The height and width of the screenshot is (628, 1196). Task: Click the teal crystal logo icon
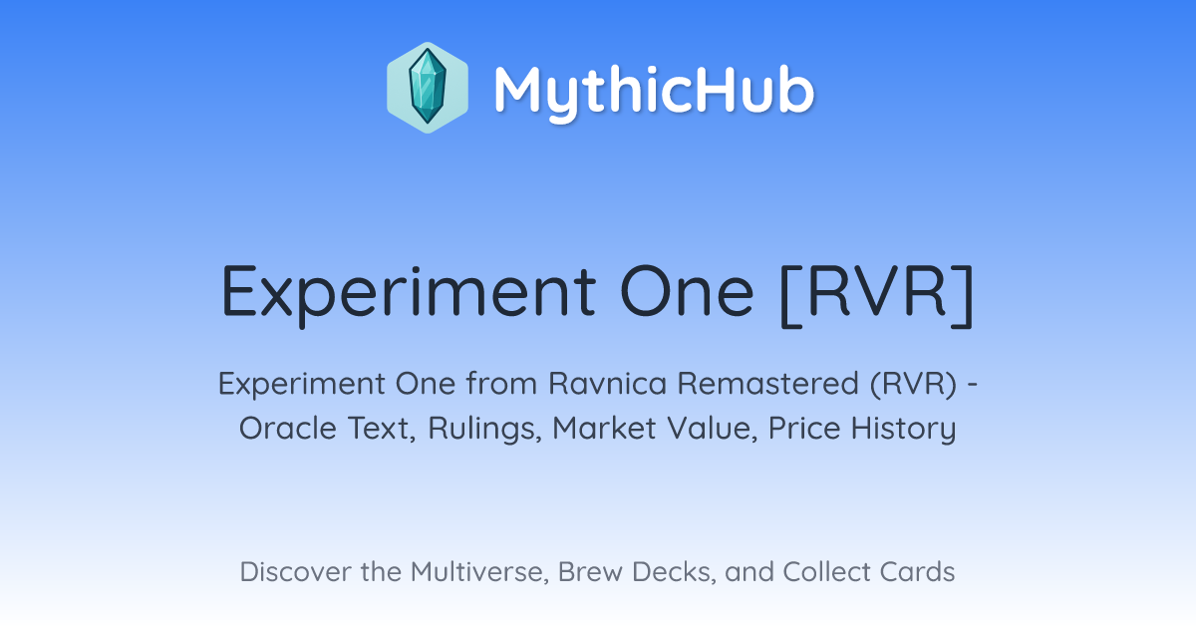pos(428,88)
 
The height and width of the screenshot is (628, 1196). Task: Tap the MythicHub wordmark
pos(654,92)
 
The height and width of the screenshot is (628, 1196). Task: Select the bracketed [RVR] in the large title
pos(877,295)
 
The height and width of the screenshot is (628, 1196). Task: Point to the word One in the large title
pos(687,291)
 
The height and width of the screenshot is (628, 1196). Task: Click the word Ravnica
pos(608,384)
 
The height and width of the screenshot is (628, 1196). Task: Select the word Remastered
pos(768,384)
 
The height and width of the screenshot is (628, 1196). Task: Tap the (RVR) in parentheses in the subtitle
pos(914,384)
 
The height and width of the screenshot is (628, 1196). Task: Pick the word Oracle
pos(288,428)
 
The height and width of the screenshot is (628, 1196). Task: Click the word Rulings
pos(484,429)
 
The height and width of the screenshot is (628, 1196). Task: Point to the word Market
pos(604,428)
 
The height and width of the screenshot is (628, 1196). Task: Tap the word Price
pos(804,428)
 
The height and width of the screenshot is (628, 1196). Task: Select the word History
pos(903,430)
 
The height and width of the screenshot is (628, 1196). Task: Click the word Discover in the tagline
pos(295,571)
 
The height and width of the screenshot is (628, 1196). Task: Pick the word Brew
pos(590,571)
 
